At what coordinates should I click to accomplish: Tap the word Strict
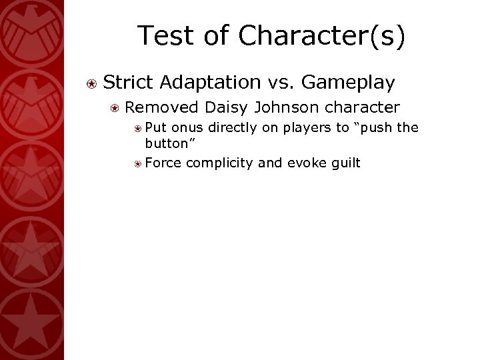click(x=129, y=82)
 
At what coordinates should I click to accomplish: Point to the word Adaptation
click(x=210, y=82)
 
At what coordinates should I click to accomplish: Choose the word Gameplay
click(x=349, y=82)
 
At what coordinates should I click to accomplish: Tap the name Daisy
click(x=227, y=107)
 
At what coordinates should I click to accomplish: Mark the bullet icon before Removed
click(x=115, y=107)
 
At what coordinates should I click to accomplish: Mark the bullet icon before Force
click(x=136, y=163)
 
